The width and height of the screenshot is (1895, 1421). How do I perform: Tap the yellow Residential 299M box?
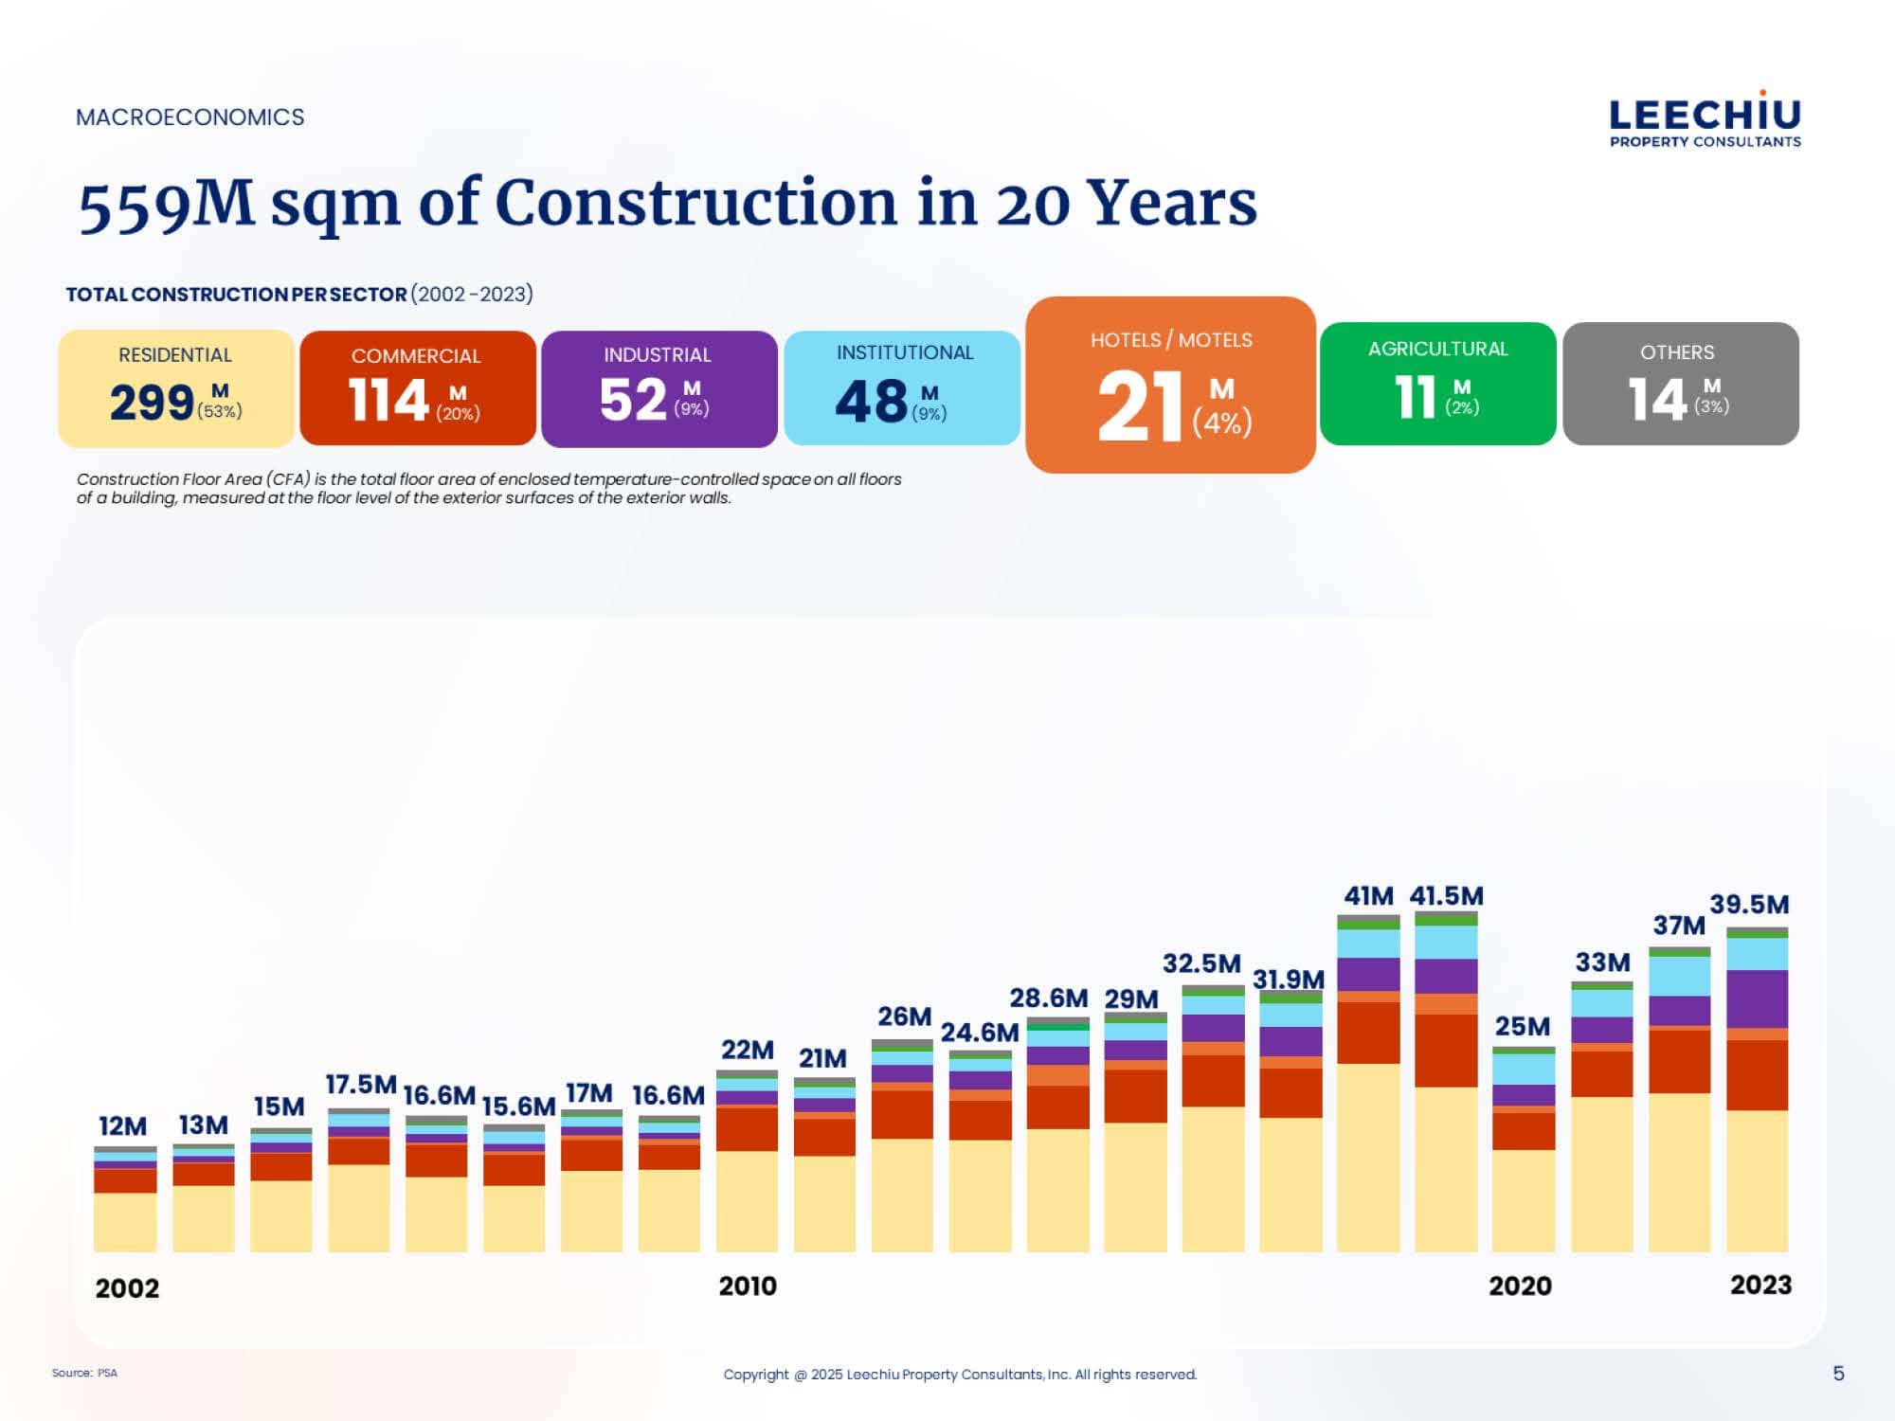click(176, 388)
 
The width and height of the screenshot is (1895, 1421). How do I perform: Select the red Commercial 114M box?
click(418, 388)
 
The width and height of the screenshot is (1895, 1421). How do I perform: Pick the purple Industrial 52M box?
click(659, 388)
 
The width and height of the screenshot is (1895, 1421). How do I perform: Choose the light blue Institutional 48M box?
click(901, 388)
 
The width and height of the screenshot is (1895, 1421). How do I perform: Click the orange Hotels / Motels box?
click(1170, 385)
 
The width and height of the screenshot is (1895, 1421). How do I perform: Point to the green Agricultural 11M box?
click(1437, 384)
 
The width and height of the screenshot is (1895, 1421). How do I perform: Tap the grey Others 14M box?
click(1680, 384)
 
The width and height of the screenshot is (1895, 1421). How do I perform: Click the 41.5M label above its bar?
click(1446, 896)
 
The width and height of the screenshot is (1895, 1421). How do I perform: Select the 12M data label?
click(123, 1126)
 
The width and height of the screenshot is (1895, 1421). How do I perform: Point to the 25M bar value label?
click(1522, 1027)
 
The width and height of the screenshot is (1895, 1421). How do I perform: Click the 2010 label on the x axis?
click(748, 1286)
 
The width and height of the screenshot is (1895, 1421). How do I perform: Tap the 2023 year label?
click(1760, 1286)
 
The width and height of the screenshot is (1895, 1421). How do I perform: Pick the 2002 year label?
click(127, 1288)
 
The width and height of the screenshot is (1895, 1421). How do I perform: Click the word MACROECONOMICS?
click(190, 117)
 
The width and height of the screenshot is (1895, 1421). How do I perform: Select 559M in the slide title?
click(166, 206)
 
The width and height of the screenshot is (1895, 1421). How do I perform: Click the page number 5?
click(1838, 1374)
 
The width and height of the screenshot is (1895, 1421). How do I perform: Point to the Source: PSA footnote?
click(84, 1373)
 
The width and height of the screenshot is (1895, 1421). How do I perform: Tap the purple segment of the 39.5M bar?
click(1757, 998)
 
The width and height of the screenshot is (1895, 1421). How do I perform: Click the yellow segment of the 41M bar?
click(1368, 1156)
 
